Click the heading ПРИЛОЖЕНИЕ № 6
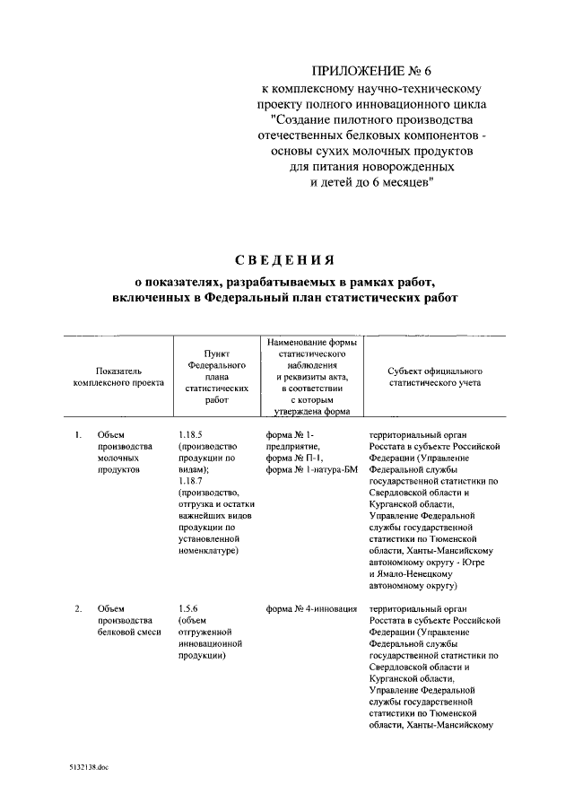click(371, 71)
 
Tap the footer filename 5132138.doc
click(87, 769)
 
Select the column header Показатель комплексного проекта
click(117, 376)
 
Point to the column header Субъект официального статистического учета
click(435, 376)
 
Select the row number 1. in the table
click(79, 435)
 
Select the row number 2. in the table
click(79, 609)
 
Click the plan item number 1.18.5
click(191, 435)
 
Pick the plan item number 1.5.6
click(188, 609)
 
